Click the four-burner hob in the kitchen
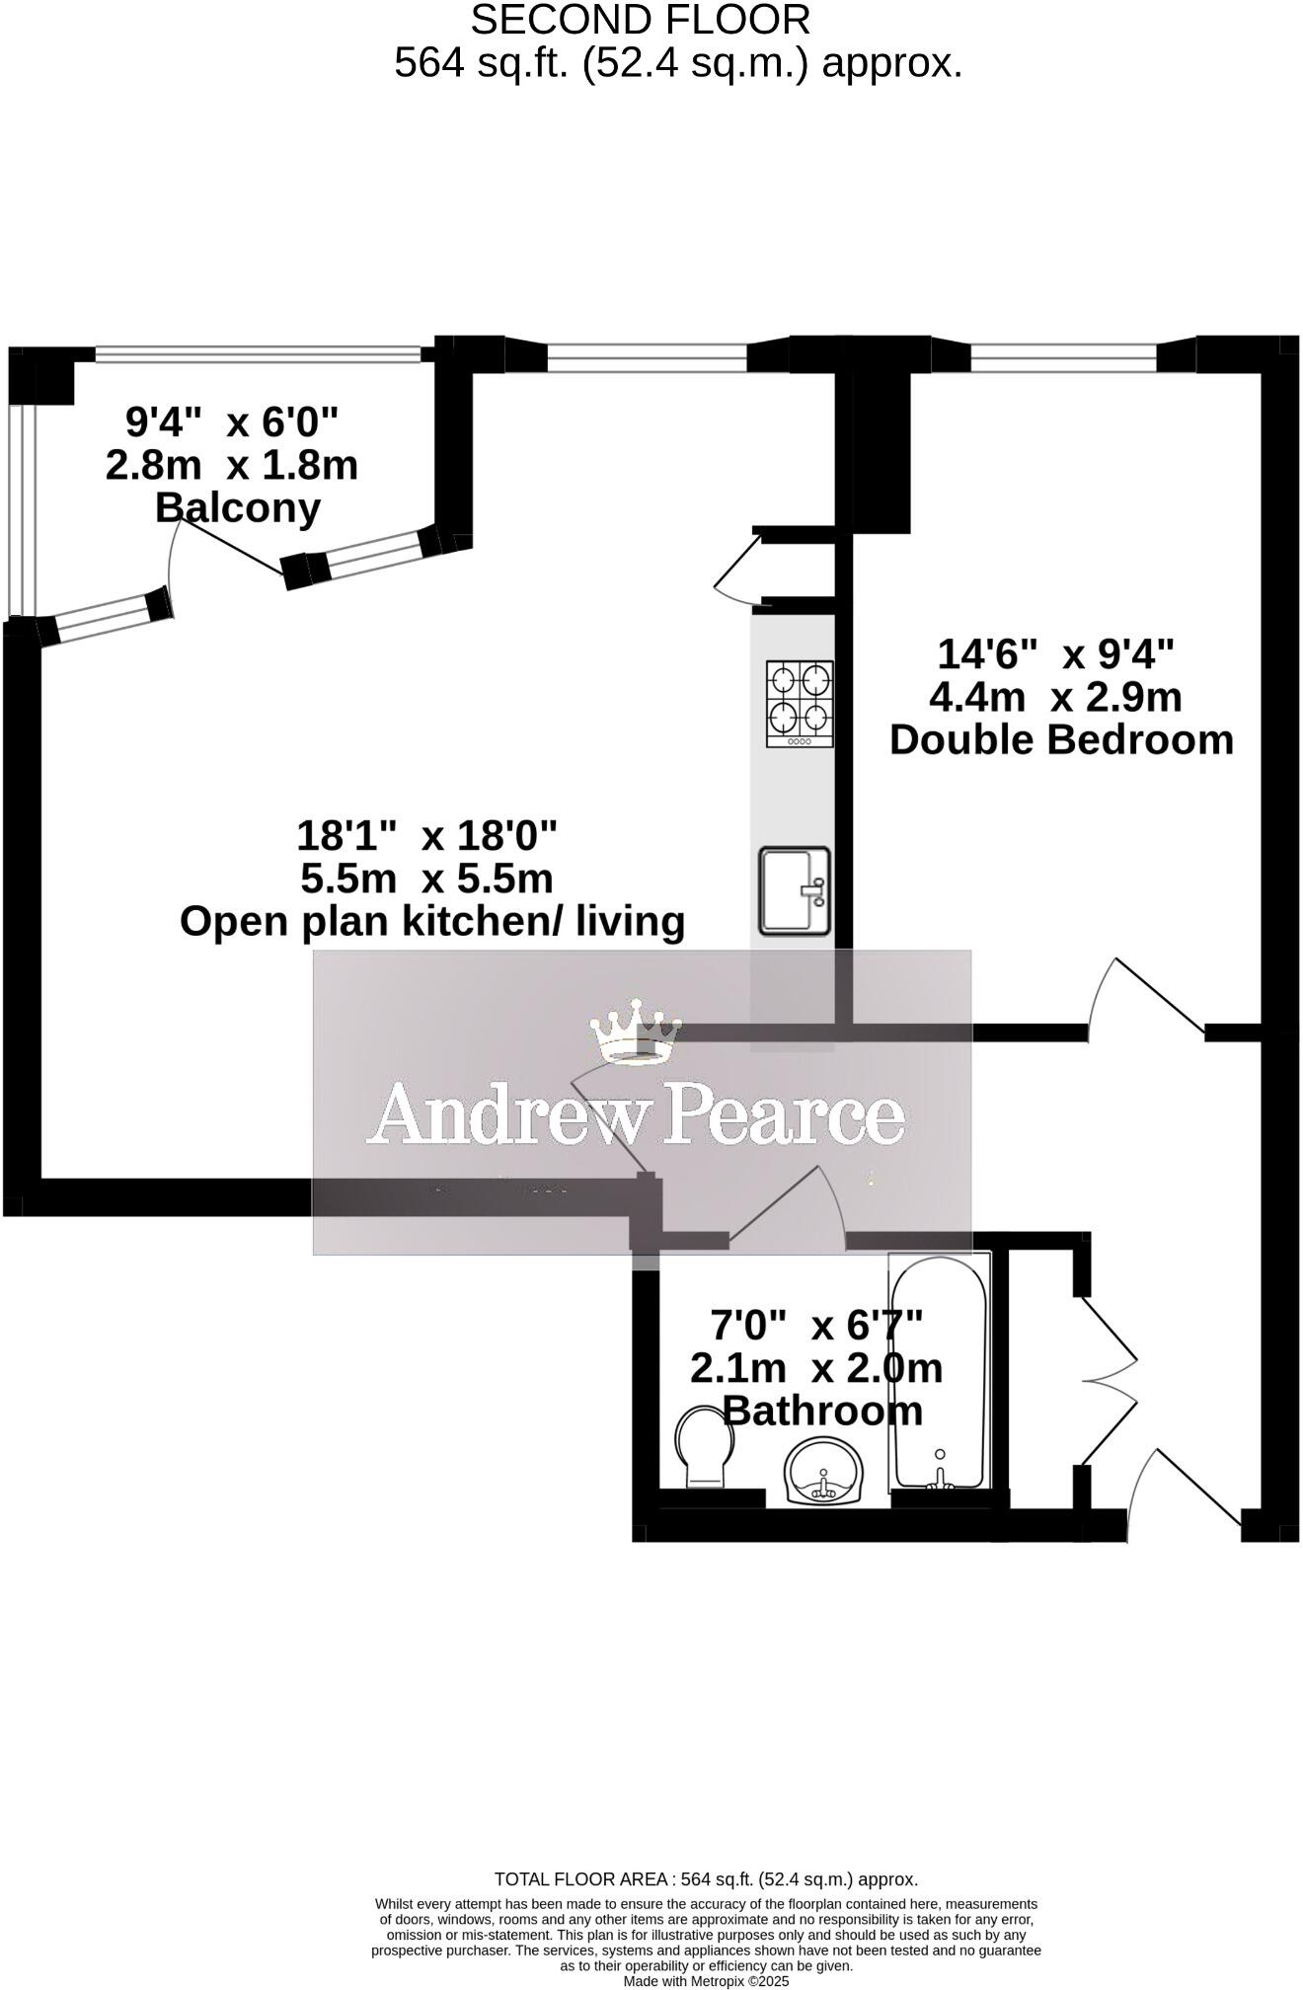(x=800, y=704)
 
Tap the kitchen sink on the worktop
(x=795, y=890)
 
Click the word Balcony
(x=238, y=507)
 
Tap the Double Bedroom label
(x=1061, y=739)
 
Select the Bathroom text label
(x=822, y=1411)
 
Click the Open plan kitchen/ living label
(x=432, y=921)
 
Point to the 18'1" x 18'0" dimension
(x=426, y=836)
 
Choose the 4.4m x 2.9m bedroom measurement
(x=1055, y=697)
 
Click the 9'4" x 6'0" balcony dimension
(x=232, y=422)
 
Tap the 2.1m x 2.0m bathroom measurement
(x=816, y=1368)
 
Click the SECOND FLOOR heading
(x=641, y=20)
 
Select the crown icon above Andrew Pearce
(x=636, y=1033)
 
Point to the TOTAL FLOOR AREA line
(x=706, y=1879)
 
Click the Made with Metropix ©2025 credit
(x=706, y=1981)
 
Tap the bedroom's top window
(x=1064, y=357)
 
